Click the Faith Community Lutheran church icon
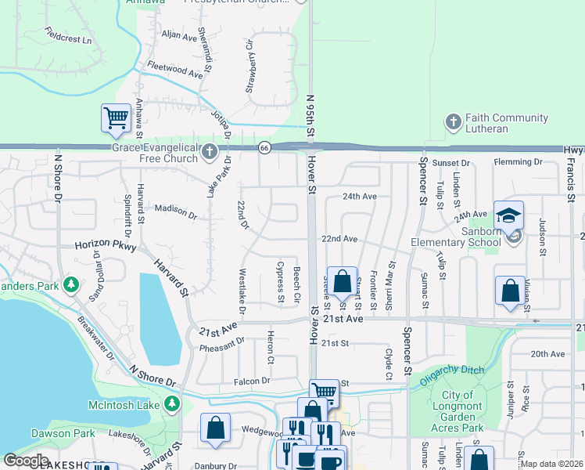452,122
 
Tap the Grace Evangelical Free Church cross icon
209,151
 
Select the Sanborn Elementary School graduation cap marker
508,215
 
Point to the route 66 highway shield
265,149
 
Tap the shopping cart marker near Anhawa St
116,118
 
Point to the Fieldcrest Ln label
68,34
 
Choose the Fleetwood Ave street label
171,69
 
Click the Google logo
26,461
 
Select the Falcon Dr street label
252,381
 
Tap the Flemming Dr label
518,162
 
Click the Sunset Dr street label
454,163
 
